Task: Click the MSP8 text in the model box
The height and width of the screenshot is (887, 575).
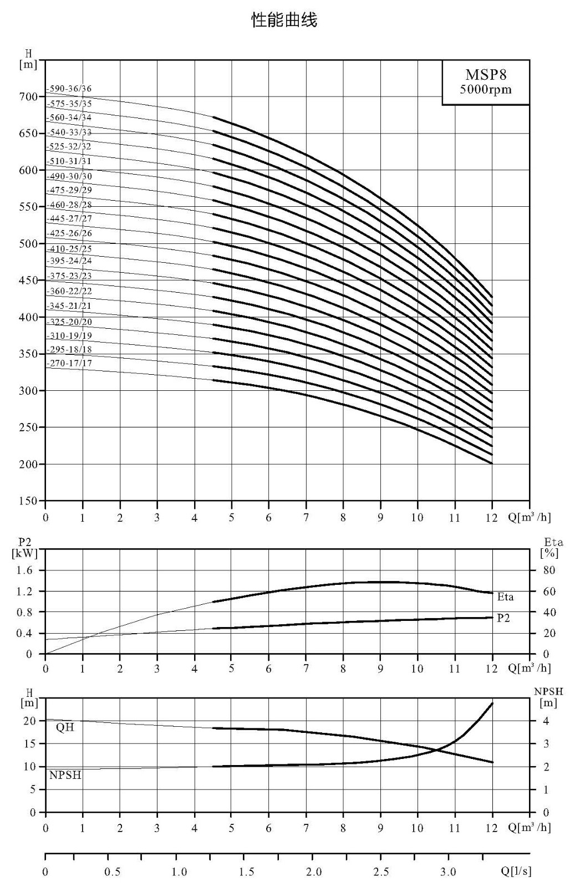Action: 486,74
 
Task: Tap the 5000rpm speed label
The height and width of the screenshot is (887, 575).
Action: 486,89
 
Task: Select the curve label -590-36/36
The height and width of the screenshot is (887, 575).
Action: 69,89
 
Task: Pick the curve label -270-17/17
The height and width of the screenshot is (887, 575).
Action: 69,363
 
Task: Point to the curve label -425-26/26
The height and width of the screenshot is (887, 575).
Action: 69,233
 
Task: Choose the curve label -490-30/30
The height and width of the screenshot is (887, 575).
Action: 69,176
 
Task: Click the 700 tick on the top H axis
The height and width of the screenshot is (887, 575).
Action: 28,96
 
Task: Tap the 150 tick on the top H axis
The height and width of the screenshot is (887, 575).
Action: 28,501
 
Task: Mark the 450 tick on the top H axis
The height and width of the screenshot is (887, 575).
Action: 28,281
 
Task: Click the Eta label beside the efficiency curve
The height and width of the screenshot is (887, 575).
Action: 505,597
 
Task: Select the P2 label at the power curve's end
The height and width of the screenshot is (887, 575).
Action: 503,618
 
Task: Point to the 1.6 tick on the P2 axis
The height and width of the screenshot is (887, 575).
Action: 24,570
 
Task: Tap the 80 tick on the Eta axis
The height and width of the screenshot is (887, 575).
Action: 549,570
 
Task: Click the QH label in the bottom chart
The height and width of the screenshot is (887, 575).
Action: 65,727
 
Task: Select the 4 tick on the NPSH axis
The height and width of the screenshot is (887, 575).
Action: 547,721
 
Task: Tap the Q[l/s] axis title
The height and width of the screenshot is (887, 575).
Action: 516,871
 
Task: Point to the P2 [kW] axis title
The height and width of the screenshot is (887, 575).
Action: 24,548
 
